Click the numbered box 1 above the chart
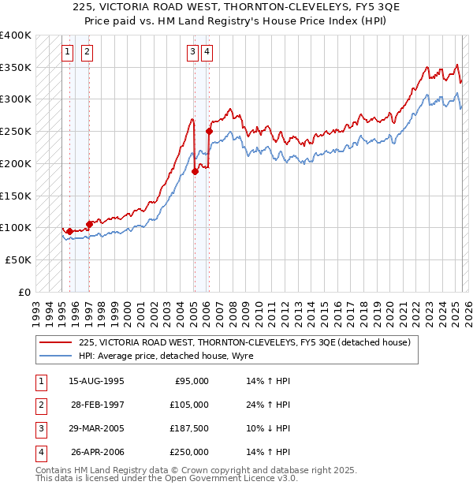pos(67,53)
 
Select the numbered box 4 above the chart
pos(207,53)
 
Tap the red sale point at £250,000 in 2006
pos(209,131)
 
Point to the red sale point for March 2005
pos(194,171)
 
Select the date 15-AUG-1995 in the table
pos(97,381)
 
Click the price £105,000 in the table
pos(189,405)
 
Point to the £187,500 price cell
pos(189,428)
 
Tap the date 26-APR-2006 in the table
pos(97,452)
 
